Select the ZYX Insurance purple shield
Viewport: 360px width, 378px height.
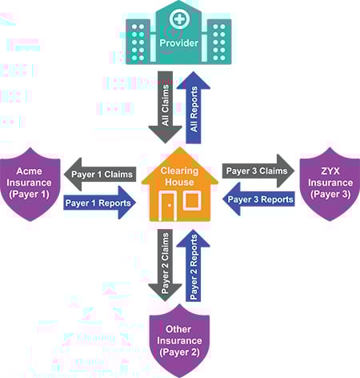pyautogui.click(x=328, y=191)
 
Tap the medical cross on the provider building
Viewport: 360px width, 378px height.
pyautogui.click(x=179, y=18)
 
